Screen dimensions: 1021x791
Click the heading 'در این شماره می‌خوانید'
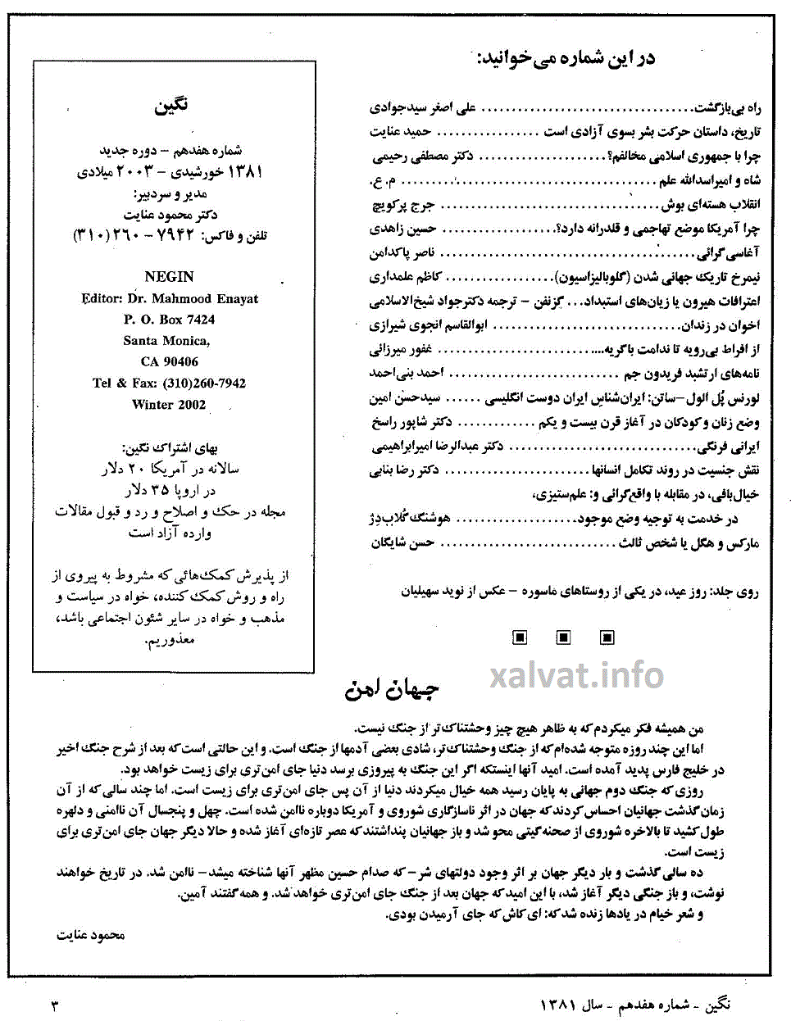coord(566,58)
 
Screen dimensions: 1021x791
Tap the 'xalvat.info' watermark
coord(577,675)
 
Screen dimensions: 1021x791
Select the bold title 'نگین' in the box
coord(170,106)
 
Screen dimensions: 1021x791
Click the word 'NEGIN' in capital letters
coord(169,277)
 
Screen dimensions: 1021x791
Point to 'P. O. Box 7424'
coord(170,320)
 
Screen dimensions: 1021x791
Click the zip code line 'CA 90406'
coord(170,361)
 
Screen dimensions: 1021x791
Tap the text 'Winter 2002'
coord(169,404)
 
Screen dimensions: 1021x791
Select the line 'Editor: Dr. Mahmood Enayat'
coord(170,298)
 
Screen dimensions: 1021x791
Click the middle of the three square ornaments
coord(563,637)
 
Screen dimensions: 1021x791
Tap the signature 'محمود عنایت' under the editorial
coord(90,935)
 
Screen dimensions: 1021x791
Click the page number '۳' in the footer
coord(55,1005)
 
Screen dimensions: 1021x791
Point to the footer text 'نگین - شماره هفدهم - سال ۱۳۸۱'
coord(635,1005)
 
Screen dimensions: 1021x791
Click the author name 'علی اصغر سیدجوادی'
coord(423,107)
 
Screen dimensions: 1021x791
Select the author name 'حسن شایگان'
coord(402,542)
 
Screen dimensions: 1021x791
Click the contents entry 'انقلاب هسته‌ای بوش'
coord(711,204)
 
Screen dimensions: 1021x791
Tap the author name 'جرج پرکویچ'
coord(403,205)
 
